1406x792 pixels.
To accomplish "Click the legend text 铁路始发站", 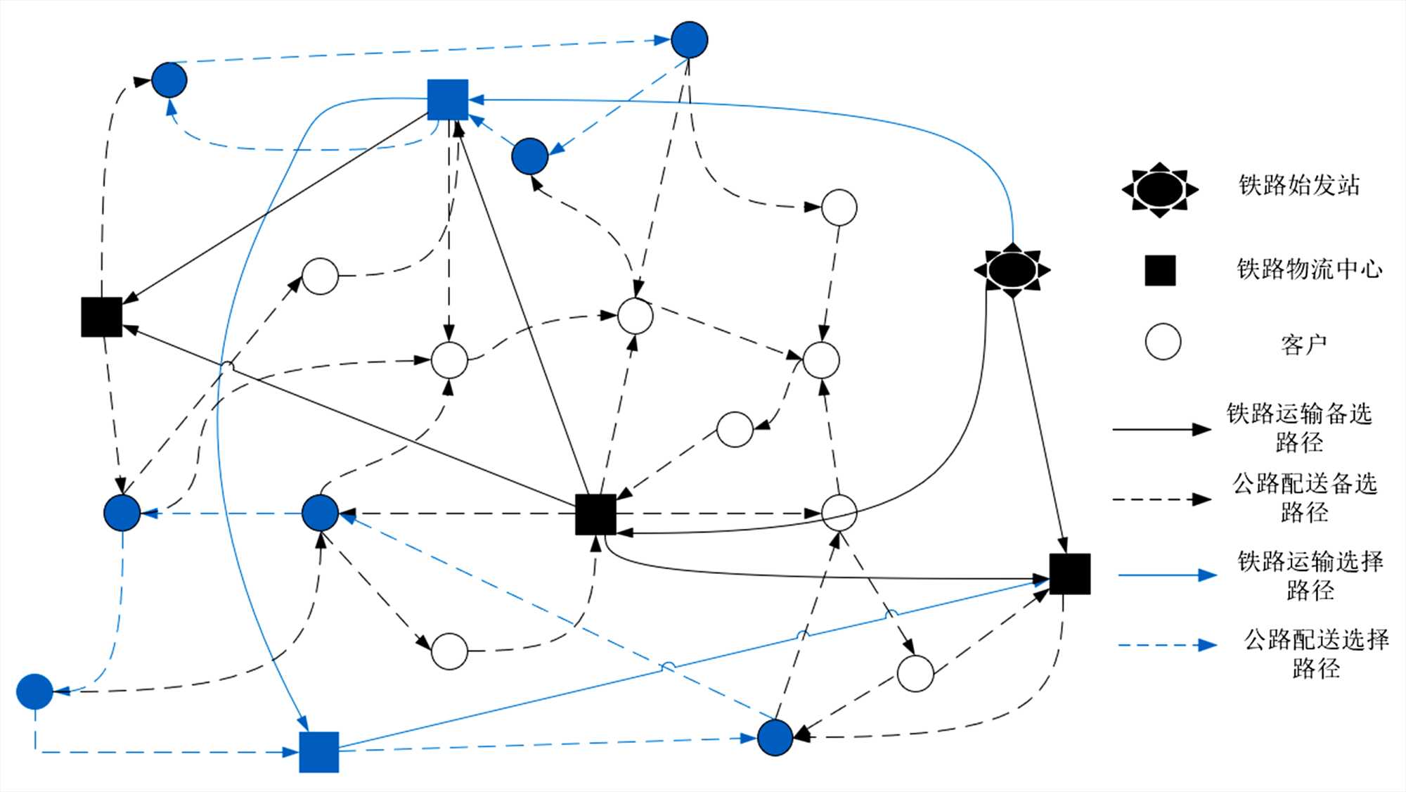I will coord(1298,186).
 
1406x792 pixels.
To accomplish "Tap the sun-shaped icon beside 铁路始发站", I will coord(1159,189).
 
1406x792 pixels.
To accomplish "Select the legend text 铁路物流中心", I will coord(1309,269).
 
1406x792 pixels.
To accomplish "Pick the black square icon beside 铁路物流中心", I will coord(1160,271).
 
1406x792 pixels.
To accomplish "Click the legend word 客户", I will coord(1303,345).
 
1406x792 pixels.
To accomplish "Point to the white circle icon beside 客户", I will coord(1163,342).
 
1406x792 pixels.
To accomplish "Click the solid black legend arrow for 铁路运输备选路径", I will coord(1161,428).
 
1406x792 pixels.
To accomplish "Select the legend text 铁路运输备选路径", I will coord(1299,428).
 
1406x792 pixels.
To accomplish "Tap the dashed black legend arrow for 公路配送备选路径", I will coord(1161,499).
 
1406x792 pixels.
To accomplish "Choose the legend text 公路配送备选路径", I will coord(1304,498).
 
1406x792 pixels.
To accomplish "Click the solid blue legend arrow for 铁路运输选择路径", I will coord(1167,575).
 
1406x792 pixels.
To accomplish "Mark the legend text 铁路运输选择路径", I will coord(1310,575).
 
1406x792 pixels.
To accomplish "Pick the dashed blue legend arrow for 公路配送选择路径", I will coord(1167,645).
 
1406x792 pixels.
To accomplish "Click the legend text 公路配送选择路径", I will coord(1315,653).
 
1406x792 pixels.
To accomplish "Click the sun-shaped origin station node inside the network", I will coord(1012,270).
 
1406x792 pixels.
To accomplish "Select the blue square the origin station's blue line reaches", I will coord(448,100).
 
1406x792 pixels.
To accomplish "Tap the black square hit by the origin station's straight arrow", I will coord(1069,574).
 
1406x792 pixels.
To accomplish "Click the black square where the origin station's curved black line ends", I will coord(595,514).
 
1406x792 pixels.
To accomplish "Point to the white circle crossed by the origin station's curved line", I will coord(839,512).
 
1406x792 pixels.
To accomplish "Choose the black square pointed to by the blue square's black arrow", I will coord(102,317).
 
